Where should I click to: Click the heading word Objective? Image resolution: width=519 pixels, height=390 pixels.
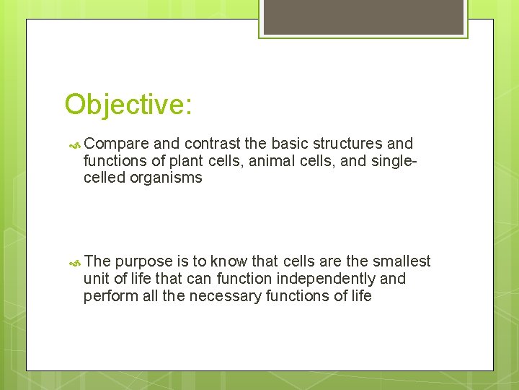point(128,105)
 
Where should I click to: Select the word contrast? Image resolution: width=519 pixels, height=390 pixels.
point(215,143)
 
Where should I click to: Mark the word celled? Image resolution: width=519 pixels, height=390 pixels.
point(105,178)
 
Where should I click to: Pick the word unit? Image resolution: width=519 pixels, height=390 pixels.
point(96,279)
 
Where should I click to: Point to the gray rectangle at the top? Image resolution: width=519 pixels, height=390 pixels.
point(363,17)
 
